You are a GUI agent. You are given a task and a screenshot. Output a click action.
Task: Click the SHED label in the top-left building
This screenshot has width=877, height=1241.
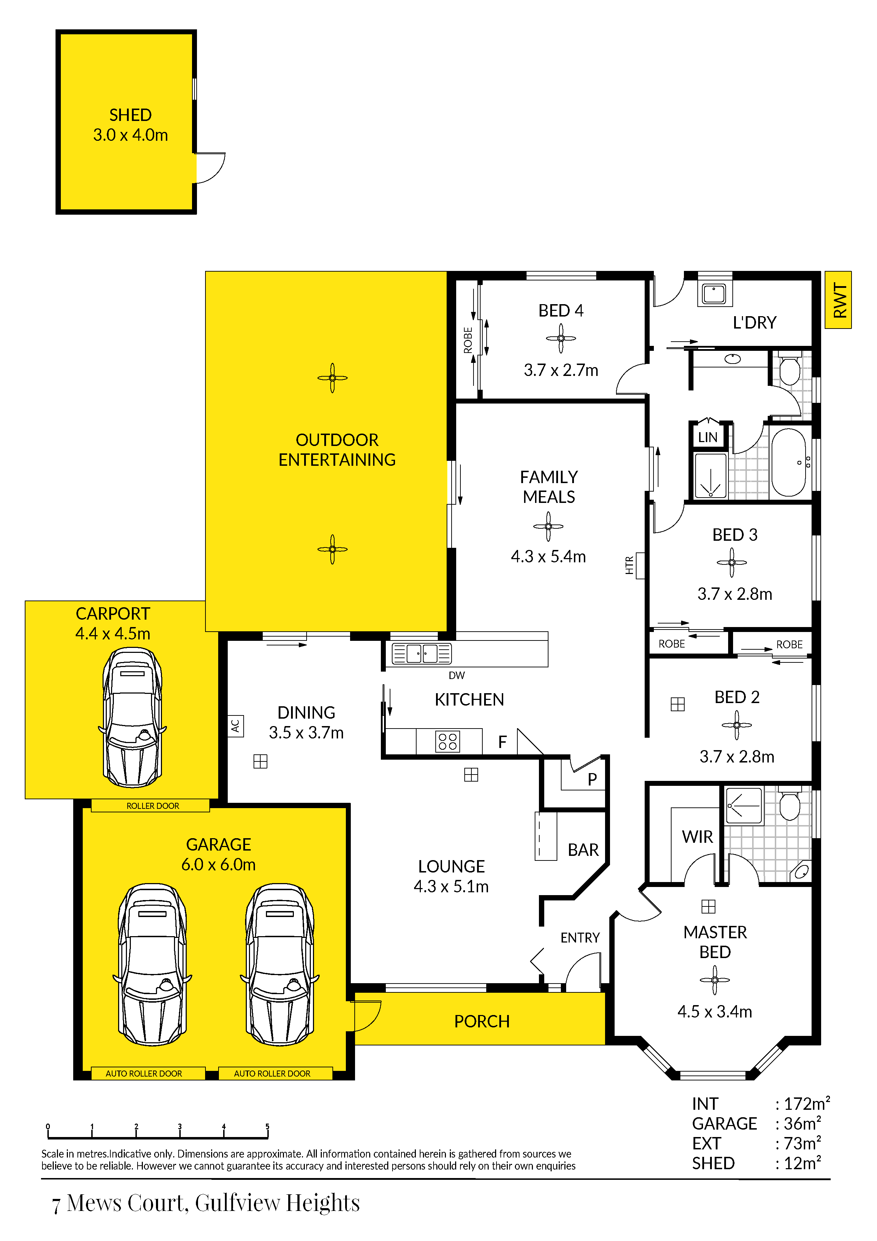click(x=130, y=115)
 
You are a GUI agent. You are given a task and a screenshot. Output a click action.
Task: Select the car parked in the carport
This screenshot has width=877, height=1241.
click(x=132, y=717)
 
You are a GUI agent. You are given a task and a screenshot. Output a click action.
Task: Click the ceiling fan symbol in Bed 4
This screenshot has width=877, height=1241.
click(x=561, y=338)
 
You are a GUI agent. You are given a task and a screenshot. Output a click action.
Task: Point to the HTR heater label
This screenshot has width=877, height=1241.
click(x=629, y=566)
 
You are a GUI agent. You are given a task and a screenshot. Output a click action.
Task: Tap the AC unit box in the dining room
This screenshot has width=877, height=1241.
click(x=235, y=726)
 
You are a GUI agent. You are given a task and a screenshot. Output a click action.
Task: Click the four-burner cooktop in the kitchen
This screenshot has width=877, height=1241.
click(x=447, y=742)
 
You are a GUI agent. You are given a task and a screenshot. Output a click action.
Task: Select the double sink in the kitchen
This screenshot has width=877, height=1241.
click(x=422, y=654)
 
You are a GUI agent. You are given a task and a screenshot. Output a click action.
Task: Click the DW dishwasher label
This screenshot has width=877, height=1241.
click(x=457, y=675)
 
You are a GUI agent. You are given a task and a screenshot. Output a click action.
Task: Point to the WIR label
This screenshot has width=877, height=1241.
click(x=697, y=837)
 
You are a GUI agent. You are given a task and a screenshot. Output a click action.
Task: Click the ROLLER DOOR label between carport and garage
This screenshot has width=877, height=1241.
click(x=153, y=806)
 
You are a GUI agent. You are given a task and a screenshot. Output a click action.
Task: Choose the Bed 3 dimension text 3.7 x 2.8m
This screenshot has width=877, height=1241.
click(x=734, y=594)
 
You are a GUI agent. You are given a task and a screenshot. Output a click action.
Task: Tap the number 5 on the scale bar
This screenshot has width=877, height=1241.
click(x=267, y=1126)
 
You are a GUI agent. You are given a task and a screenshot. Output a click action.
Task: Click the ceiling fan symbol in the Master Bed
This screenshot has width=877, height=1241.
click(x=714, y=980)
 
